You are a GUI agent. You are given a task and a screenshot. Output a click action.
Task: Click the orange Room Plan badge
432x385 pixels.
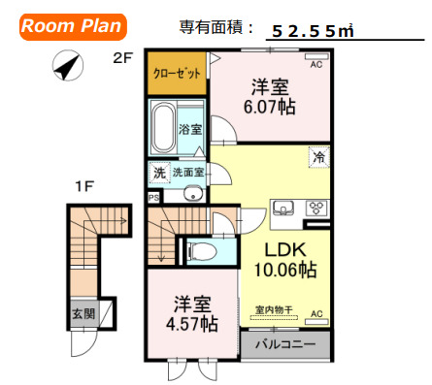pos(73,27)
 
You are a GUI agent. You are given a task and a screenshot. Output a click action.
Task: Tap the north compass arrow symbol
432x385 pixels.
pos(68,65)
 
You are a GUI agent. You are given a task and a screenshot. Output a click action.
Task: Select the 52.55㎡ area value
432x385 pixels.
pos(313,31)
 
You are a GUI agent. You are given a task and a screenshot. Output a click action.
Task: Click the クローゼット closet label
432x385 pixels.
pos(177,74)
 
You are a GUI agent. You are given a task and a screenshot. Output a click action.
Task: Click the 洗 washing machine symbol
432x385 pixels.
pos(159,173)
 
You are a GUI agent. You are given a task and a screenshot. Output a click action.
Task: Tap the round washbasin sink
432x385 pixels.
pos(193,194)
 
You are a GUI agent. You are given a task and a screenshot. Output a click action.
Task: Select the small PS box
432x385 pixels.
pos(154,197)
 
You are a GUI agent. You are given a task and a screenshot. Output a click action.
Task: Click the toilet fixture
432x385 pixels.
pos(201,251)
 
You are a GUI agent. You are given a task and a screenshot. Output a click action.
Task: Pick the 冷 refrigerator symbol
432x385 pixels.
pos(319,157)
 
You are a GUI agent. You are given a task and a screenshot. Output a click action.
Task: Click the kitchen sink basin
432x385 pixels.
pos(283,208)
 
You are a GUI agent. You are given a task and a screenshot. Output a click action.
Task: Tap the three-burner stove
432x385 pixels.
pos(316,209)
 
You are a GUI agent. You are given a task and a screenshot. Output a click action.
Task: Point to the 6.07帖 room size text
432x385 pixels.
pos(269,107)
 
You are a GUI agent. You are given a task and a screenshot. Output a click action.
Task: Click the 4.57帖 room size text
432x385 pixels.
pos(191,324)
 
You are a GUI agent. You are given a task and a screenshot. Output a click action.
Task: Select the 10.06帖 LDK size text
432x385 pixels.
pos(285,270)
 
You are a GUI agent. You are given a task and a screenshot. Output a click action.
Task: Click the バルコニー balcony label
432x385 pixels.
pos(285,344)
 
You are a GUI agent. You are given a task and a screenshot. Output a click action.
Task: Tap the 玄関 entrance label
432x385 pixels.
pos(83,313)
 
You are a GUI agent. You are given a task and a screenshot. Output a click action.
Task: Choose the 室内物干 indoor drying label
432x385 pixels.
pos(274,309)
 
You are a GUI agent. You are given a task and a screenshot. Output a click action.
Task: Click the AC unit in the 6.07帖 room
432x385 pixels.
pos(316,57)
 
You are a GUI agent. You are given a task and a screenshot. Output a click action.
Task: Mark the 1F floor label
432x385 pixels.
pos(84,186)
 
